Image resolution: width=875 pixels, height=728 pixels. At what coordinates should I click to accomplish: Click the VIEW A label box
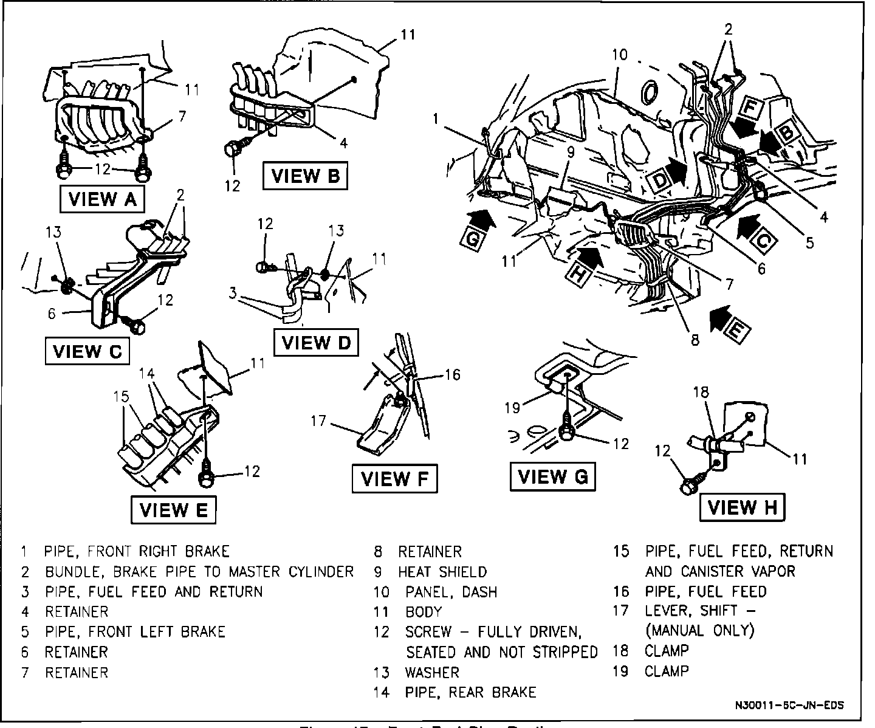[x=102, y=199]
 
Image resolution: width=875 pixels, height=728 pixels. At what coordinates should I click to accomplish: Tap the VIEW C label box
[x=87, y=351]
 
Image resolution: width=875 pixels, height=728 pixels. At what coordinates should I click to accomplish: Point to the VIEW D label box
[x=317, y=342]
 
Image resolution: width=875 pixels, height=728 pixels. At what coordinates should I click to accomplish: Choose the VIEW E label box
[x=174, y=509]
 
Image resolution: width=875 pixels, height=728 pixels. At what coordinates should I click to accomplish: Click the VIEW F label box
[x=394, y=478]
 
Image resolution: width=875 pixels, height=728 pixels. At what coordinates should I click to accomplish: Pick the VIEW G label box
[x=552, y=476]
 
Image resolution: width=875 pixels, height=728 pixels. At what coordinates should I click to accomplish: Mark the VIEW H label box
[x=743, y=506]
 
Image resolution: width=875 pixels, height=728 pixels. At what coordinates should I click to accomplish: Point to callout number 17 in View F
[x=318, y=420]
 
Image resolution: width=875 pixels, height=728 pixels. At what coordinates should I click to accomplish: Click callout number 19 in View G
[x=512, y=407]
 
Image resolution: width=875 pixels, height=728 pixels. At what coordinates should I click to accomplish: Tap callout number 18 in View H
[x=701, y=392]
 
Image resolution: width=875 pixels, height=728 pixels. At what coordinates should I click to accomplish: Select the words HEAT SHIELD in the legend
[x=442, y=571]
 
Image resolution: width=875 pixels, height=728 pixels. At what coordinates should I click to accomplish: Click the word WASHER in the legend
[x=432, y=672]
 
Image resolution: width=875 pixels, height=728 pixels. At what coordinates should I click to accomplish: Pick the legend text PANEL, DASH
[x=451, y=591]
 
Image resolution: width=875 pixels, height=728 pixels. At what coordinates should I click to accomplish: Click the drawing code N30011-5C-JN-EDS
[x=789, y=706]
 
